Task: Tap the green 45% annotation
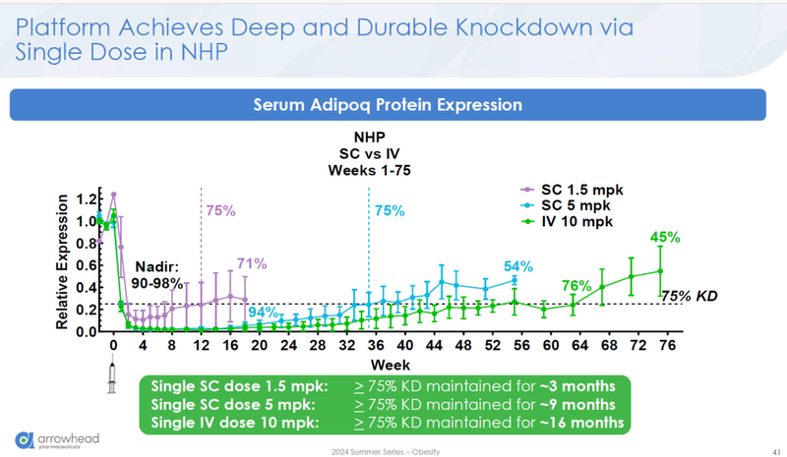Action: [665, 237]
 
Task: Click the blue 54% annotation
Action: [518, 266]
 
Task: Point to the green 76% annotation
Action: [575, 285]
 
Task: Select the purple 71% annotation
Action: [252, 263]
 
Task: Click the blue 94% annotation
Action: [262, 313]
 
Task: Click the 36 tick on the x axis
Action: [376, 347]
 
